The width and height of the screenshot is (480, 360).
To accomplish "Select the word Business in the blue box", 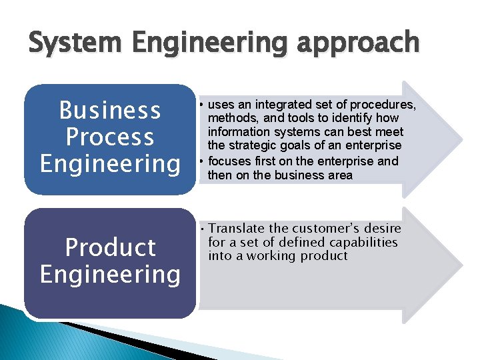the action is click(x=109, y=111).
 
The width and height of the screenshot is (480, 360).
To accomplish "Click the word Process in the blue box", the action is click(x=109, y=137).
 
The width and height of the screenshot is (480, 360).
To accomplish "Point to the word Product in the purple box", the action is click(x=110, y=247).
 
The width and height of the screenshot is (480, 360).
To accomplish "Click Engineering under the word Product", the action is click(x=110, y=274).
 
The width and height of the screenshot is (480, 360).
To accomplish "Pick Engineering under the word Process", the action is click(x=110, y=164).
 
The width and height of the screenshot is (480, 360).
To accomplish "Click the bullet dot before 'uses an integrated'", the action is click(x=201, y=105).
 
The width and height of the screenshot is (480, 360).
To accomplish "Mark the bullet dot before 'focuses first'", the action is click(x=201, y=161).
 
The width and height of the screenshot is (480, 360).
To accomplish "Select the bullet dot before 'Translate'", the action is click(x=201, y=229).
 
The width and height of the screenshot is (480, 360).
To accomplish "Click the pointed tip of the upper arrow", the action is click(x=461, y=139).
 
